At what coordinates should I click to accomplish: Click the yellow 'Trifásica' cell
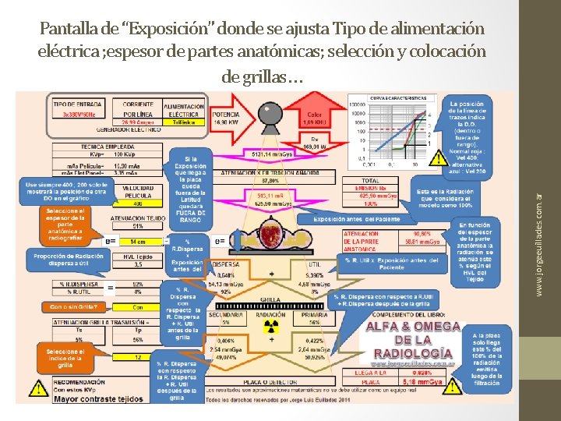pos(185,122)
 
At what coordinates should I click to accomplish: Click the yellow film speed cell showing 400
pos(137,203)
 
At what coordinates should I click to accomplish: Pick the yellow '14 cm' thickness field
pos(138,242)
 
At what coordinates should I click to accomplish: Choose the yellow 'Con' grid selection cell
pos(138,307)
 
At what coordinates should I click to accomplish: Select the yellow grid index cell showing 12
pos(138,356)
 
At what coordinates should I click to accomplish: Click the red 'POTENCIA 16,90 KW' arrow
pos(229,118)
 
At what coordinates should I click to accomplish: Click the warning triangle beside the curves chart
pos(442,159)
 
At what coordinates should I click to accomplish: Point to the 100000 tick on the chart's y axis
pos(358,104)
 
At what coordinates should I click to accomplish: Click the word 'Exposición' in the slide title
pos(170,30)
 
